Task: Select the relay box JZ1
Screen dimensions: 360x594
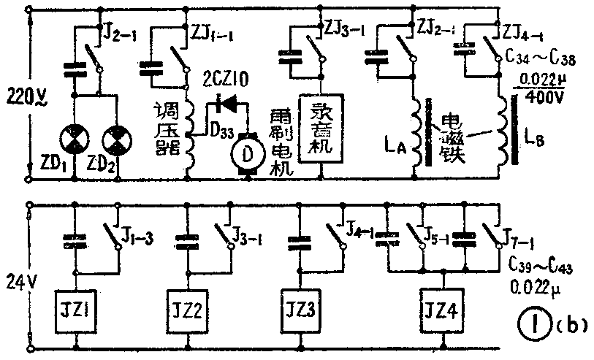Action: click(x=75, y=309)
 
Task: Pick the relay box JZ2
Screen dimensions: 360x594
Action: click(x=189, y=309)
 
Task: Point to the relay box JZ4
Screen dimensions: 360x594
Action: click(x=443, y=309)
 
